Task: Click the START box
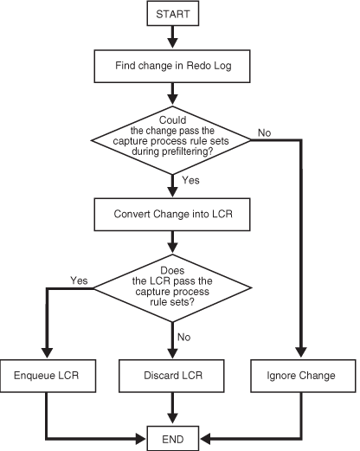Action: (x=175, y=16)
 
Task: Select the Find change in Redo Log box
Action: (x=175, y=65)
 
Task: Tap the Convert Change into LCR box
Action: (x=175, y=213)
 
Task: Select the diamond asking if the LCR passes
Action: (x=175, y=287)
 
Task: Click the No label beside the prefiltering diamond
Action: (x=265, y=132)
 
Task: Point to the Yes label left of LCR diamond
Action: (x=78, y=280)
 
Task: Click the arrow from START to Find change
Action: (x=175, y=37)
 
